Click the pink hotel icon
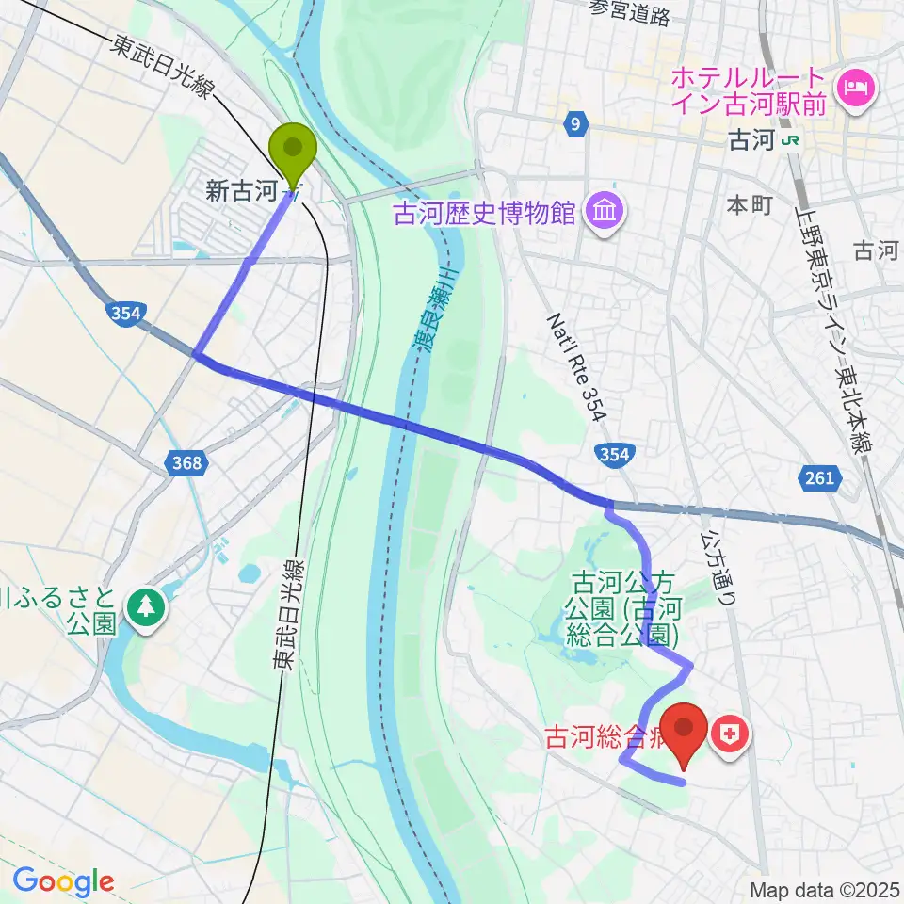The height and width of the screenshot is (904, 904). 859,90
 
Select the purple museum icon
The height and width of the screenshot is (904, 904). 603,213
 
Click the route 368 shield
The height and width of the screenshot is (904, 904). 187,462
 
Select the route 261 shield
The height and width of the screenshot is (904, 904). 820,478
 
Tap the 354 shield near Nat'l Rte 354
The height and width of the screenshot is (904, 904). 613,455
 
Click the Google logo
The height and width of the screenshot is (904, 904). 63,881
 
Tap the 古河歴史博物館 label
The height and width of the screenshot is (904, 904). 484,215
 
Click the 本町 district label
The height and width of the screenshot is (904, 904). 751,204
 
